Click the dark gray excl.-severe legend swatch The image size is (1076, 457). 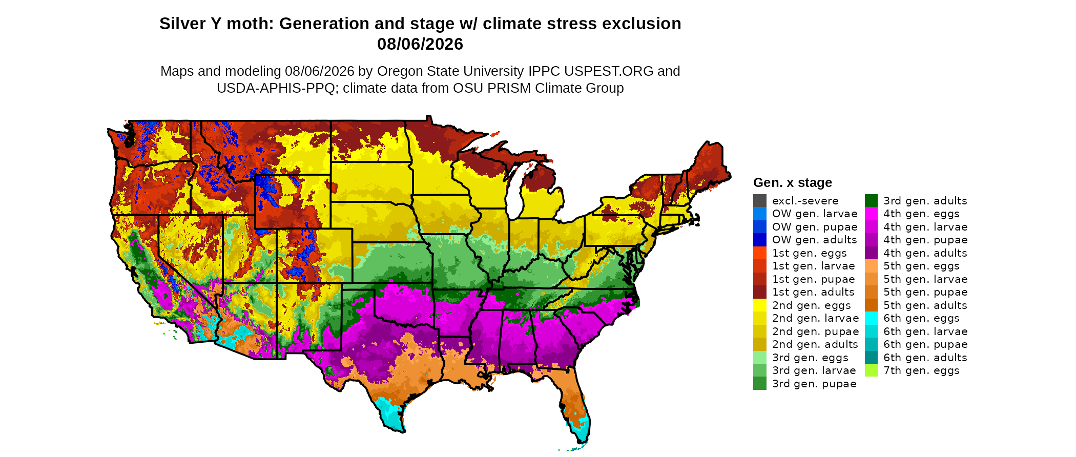click(x=760, y=201)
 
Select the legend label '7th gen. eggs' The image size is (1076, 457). click(x=921, y=370)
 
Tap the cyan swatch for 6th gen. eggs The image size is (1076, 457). click(x=871, y=318)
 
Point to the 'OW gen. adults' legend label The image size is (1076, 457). click(x=815, y=240)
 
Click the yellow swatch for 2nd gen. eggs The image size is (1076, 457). click(x=760, y=305)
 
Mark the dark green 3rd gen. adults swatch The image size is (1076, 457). click(x=871, y=201)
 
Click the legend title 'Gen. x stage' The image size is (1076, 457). click(x=793, y=182)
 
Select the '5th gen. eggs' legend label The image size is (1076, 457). click(x=921, y=266)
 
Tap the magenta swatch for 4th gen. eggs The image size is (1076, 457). click(x=871, y=214)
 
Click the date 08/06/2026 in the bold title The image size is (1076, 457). click(x=420, y=44)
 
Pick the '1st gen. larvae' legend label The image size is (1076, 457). click(x=814, y=266)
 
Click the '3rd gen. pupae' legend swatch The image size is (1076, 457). click(x=760, y=384)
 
